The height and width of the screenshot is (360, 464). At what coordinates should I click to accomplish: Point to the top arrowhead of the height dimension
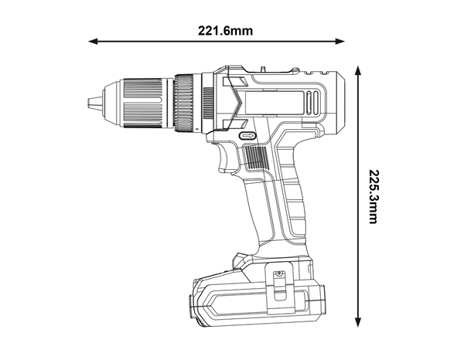(358, 70)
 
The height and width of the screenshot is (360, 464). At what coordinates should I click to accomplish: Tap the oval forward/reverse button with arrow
(247, 134)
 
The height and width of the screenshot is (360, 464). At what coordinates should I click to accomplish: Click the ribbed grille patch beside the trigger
(256, 160)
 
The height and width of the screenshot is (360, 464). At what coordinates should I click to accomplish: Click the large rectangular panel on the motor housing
(271, 100)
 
